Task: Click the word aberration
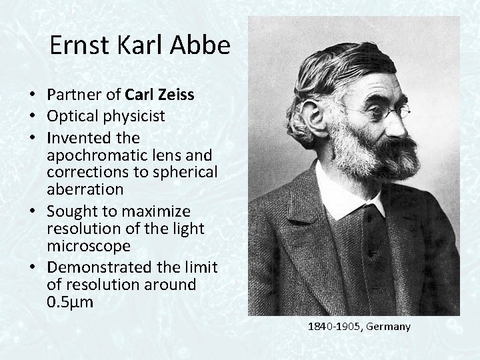click(x=85, y=189)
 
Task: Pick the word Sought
click(x=69, y=211)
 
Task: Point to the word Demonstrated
click(x=93, y=267)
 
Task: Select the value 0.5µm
click(x=70, y=301)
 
